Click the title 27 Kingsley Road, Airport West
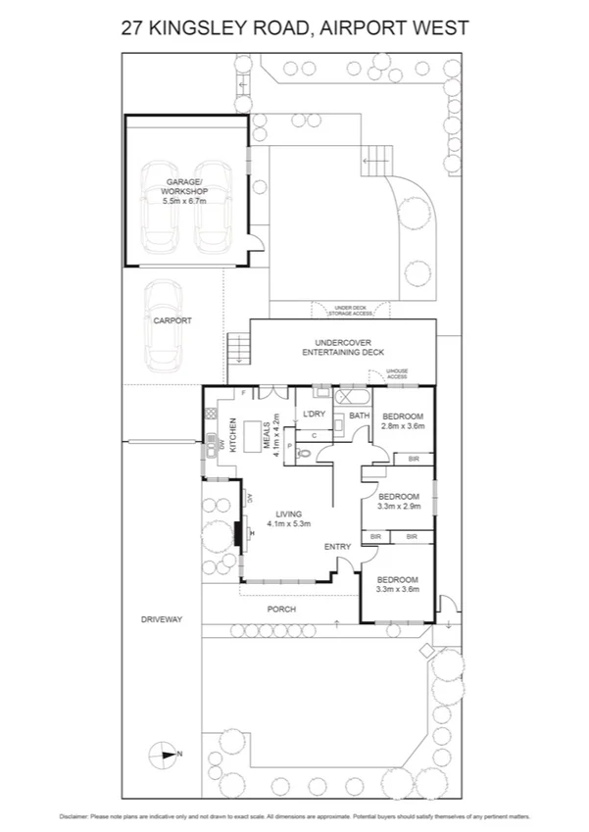tap(294, 28)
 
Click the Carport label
tap(172, 320)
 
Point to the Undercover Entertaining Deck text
tap(343, 346)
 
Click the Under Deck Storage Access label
tap(352, 311)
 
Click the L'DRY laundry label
tap(314, 414)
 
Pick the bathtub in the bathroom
tap(350, 399)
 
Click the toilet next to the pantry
tap(305, 453)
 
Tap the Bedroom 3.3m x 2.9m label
tap(399, 501)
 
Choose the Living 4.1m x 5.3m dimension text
tap(287, 519)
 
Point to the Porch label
tap(282, 610)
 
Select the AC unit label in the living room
tap(251, 497)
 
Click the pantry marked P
tap(289, 446)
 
